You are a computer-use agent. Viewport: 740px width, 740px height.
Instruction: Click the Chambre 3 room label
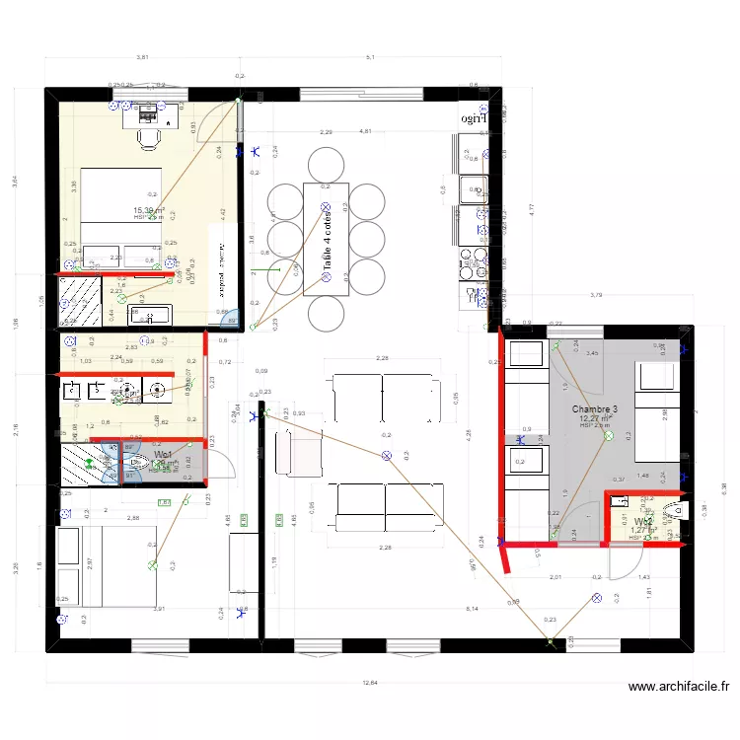[x=595, y=408]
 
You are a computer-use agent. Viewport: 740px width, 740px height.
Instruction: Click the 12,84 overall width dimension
[x=369, y=682]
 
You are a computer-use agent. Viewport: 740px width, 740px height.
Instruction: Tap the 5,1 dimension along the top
[x=370, y=57]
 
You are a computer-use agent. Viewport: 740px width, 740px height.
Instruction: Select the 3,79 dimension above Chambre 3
[x=596, y=295]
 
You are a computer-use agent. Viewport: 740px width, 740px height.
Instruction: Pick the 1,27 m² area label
[x=643, y=531]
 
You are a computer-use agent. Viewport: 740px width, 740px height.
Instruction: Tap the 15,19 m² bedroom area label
[x=148, y=210]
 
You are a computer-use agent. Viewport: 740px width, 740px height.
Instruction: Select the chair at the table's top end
[x=327, y=163]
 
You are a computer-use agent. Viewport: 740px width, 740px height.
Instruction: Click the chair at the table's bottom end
[x=327, y=314]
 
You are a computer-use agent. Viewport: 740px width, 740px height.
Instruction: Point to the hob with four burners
[x=466, y=263]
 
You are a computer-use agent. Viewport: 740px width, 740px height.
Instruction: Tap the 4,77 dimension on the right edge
[x=530, y=209]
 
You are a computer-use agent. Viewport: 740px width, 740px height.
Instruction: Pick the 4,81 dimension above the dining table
[x=365, y=130]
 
